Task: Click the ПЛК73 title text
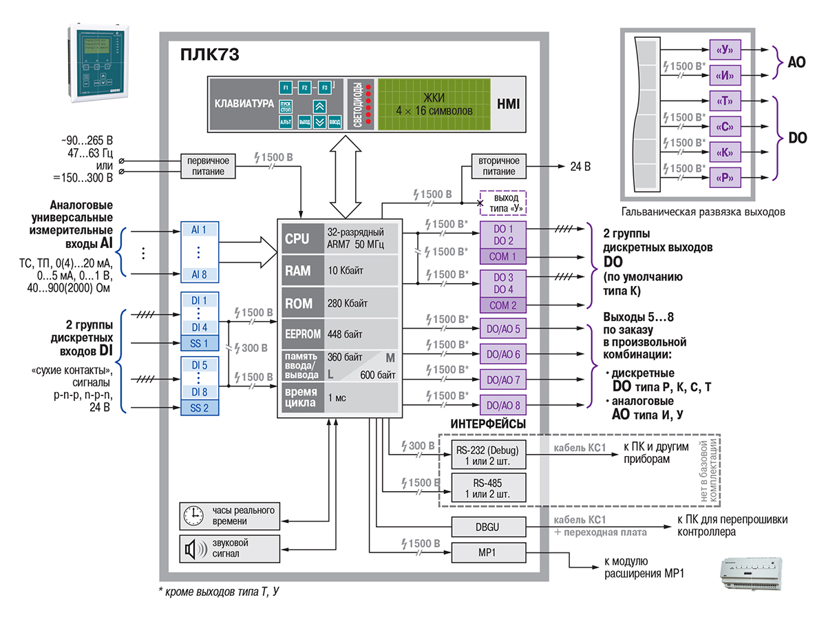(210, 54)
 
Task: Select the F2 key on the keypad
(304, 88)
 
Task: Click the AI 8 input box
(199, 274)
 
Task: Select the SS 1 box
(199, 342)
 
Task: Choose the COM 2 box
(504, 304)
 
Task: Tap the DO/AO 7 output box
(504, 380)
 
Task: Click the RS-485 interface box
(487, 488)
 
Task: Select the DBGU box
(487, 528)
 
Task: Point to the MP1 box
(487, 554)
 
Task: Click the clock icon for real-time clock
(193, 515)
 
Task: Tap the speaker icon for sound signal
(193, 549)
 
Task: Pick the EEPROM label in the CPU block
(301, 334)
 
